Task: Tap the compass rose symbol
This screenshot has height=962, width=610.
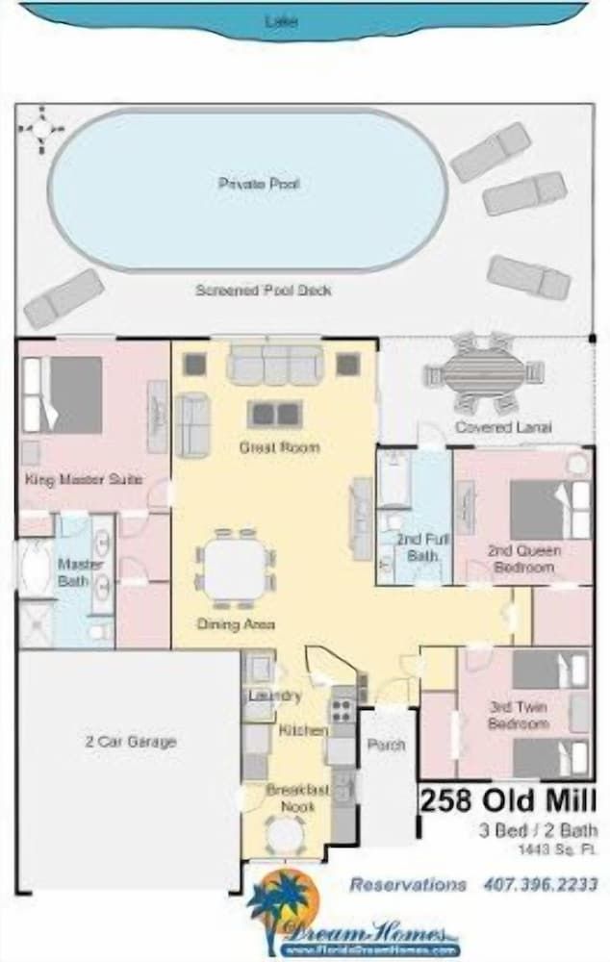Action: click(x=40, y=129)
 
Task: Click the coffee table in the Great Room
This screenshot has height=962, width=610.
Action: click(x=275, y=414)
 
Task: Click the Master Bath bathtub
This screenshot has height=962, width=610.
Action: click(x=35, y=569)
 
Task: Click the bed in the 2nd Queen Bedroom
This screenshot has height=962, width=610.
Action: click(x=548, y=509)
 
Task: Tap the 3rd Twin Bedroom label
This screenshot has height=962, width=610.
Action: click(x=518, y=715)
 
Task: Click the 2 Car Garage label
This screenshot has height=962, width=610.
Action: click(x=130, y=742)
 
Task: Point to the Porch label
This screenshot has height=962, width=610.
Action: click(x=387, y=745)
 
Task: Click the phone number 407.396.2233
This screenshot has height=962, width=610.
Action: click(x=540, y=884)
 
